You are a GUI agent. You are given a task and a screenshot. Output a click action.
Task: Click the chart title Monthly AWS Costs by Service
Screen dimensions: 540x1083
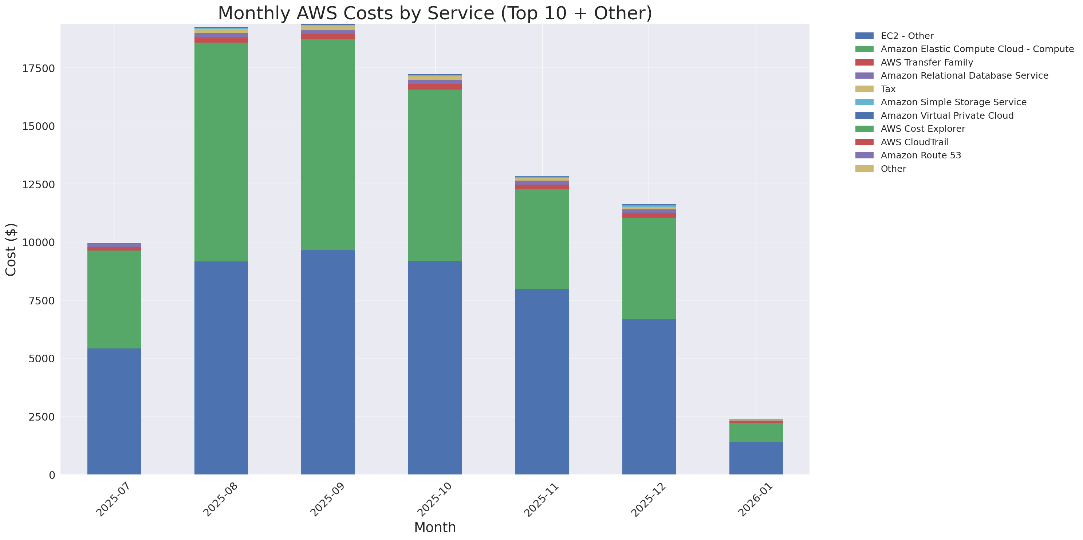point(435,13)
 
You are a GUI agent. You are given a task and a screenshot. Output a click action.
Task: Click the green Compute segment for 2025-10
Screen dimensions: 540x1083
point(435,175)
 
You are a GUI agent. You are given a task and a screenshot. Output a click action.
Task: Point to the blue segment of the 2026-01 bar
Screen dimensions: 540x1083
point(756,458)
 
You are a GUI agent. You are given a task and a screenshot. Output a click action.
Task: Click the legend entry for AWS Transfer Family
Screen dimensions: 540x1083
point(927,63)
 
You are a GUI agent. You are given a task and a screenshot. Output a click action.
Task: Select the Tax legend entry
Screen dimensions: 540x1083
point(888,89)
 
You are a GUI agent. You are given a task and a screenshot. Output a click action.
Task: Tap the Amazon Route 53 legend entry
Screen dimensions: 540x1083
point(921,155)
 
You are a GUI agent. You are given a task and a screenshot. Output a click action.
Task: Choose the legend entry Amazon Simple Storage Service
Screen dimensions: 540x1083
point(953,102)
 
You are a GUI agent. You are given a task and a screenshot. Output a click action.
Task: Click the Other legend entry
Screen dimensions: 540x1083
point(893,169)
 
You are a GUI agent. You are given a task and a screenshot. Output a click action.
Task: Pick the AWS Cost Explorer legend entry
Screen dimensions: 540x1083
point(922,129)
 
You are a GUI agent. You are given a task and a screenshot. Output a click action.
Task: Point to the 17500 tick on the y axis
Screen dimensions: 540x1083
point(38,68)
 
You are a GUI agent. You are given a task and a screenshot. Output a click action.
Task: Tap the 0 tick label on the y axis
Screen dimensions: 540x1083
point(52,475)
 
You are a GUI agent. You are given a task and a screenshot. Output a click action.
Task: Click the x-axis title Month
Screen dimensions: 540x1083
point(435,527)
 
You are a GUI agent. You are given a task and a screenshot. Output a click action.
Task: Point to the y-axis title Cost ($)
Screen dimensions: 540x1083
point(11,250)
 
